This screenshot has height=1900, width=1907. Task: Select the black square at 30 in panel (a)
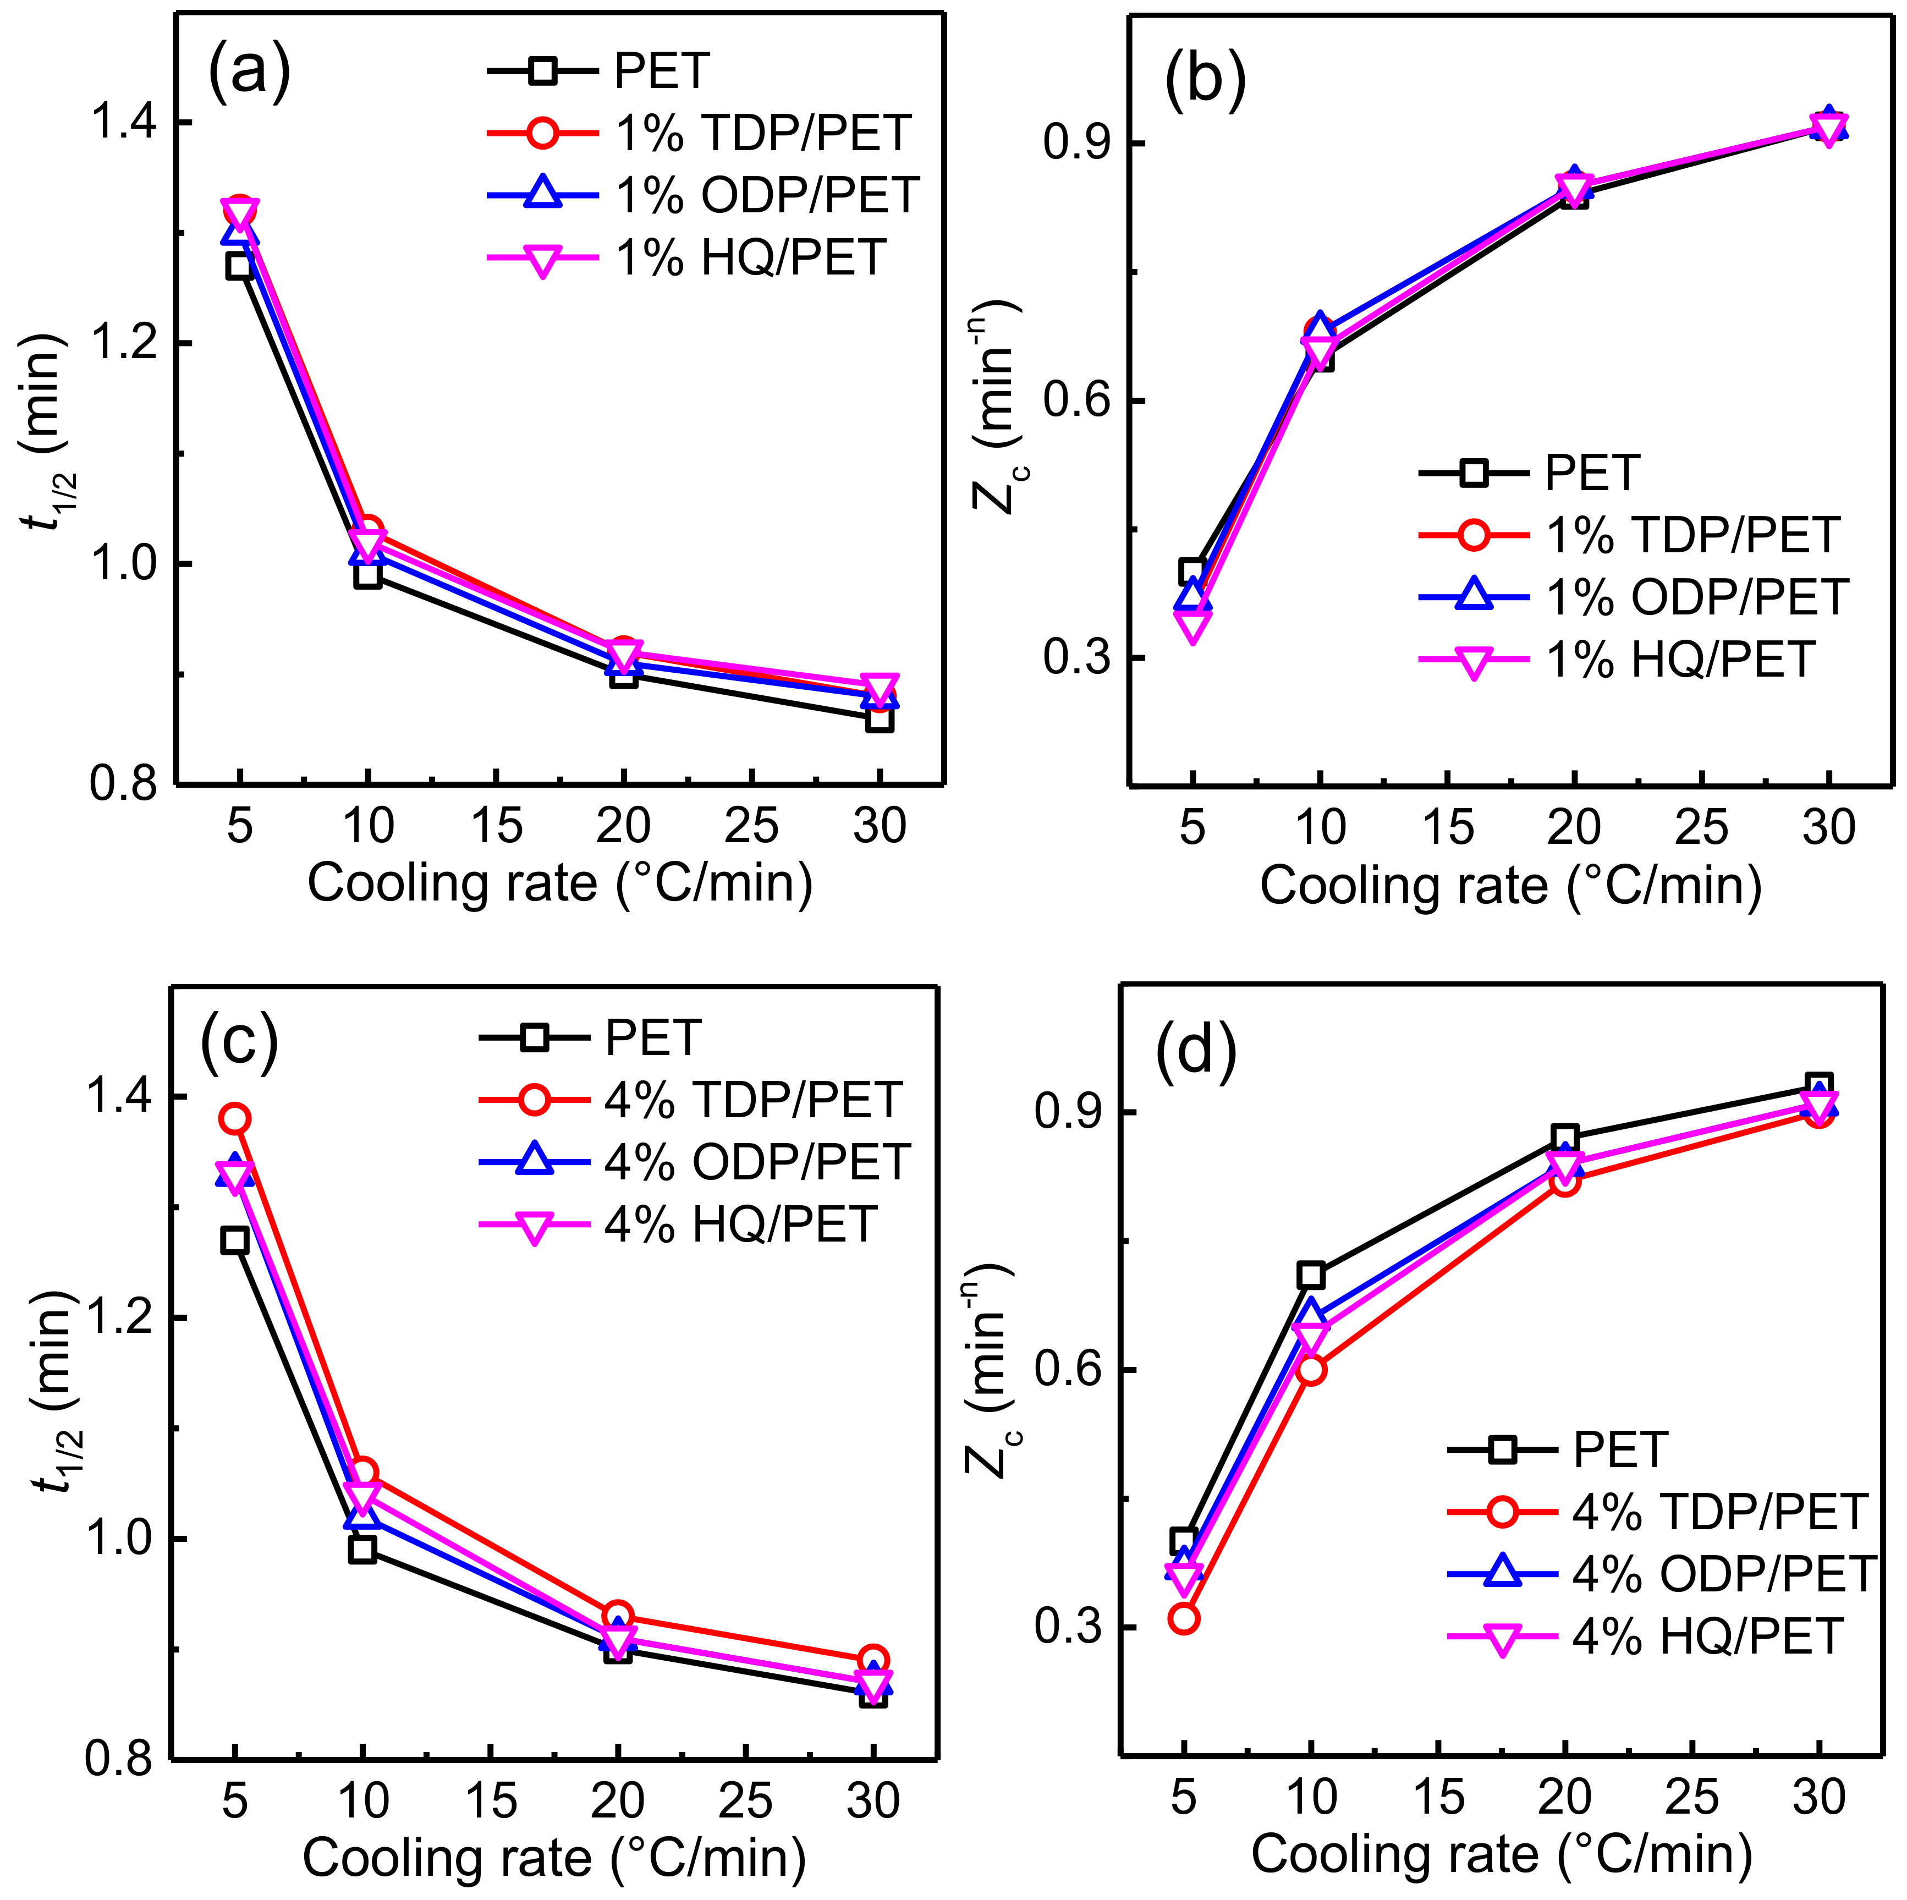(x=880, y=718)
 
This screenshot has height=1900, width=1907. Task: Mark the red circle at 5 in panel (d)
(x=1184, y=1619)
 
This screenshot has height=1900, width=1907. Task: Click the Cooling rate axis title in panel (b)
(x=1510, y=885)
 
